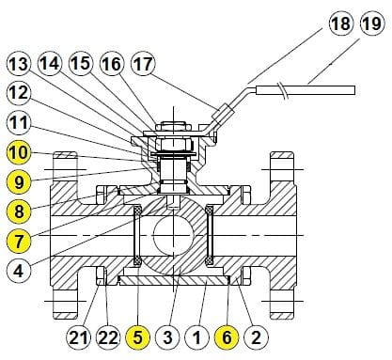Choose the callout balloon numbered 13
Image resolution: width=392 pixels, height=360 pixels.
pyautogui.click(x=19, y=65)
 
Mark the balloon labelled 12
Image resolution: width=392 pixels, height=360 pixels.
pyautogui.click(x=19, y=93)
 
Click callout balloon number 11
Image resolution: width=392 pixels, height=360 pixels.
pyautogui.click(x=19, y=122)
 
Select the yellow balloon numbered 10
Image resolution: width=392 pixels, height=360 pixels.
pyautogui.click(x=19, y=150)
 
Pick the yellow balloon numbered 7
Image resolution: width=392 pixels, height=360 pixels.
pyautogui.click(x=19, y=239)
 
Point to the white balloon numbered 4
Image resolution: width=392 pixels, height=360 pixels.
pyautogui.click(x=19, y=271)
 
